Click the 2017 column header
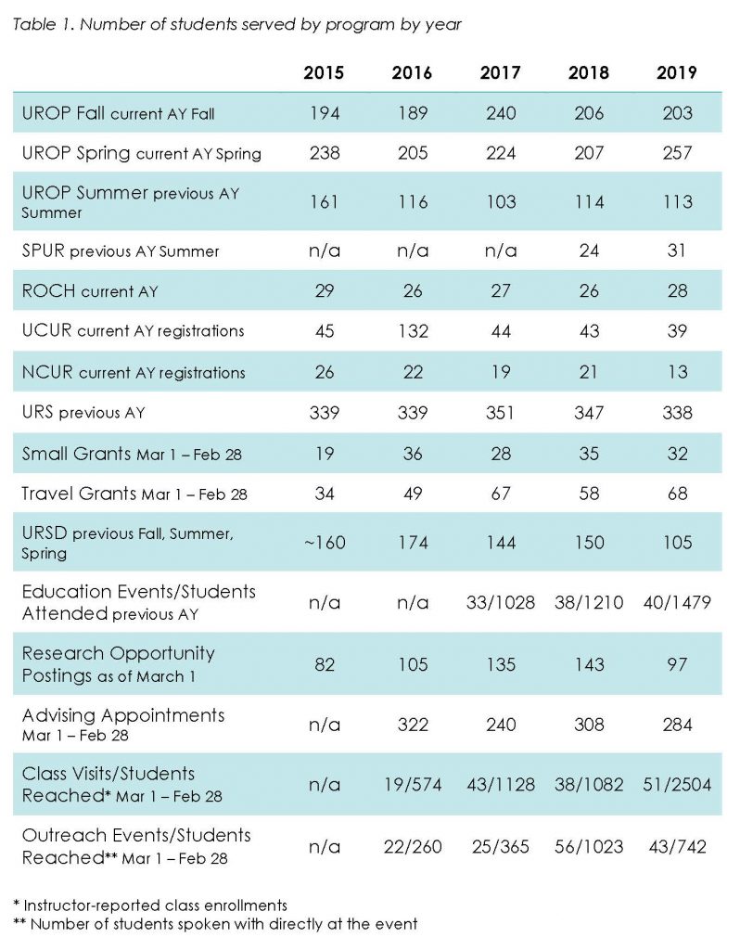pyautogui.click(x=500, y=72)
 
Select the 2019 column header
pyautogui.click(x=676, y=72)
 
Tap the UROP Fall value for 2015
pyautogui.click(x=325, y=113)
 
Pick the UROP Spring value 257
pyautogui.click(x=677, y=153)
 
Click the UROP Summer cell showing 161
pyautogui.click(x=325, y=201)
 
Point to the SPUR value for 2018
pyautogui.click(x=589, y=250)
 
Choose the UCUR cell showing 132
pyautogui.click(x=413, y=331)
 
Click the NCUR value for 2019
pyautogui.click(x=677, y=371)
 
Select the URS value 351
pyautogui.click(x=500, y=413)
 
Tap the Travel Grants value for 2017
pyautogui.click(x=501, y=494)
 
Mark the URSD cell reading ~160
pyautogui.click(x=325, y=542)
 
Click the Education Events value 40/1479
pyautogui.click(x=677, y=603)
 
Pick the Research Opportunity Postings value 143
pyautogui.click(x=589, y=664)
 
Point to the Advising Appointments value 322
pyautogui.click(x=413, y=725)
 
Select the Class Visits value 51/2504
pyautogui.click(x=677, y=785)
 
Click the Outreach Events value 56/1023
pyautogui.click(x=589, y=846)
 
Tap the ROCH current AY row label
pyautogui.click(x=90, y=291)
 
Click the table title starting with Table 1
pyautogui.click(x=236, y=25)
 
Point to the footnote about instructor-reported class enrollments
pyautogui.click(x=150, y=905)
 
